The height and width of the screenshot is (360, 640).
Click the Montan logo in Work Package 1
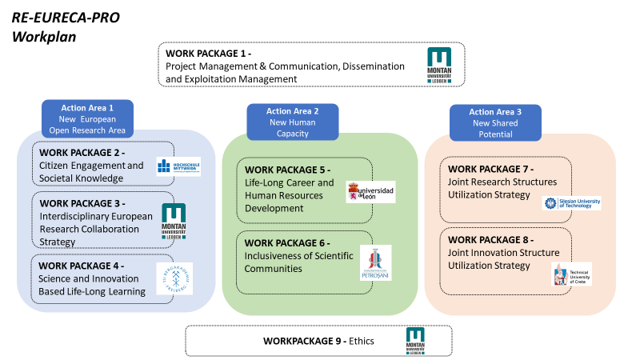click(x=438, y=65)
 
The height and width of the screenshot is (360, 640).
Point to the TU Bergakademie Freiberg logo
click(x=174, y=278)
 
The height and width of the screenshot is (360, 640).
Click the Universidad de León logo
click(x=370, y=192)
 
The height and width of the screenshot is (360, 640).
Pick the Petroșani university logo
click(x=375, y=263)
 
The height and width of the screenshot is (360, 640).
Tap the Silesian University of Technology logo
click(x=571, y=203)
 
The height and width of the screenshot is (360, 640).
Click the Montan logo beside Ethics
click(x=415, y=340)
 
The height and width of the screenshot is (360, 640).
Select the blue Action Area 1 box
click(x=87, y=118)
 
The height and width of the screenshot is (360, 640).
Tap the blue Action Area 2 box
click(x=292, y=122)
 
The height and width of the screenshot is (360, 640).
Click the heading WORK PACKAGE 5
click(x=287, y=170)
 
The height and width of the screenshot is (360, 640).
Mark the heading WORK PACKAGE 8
click(x=490, y=239)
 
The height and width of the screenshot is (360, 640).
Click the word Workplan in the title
click(x=42, y=36)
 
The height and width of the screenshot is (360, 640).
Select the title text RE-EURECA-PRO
click(x=66, y=17)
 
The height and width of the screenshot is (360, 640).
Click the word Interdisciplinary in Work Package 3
click(x=78, y=217)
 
